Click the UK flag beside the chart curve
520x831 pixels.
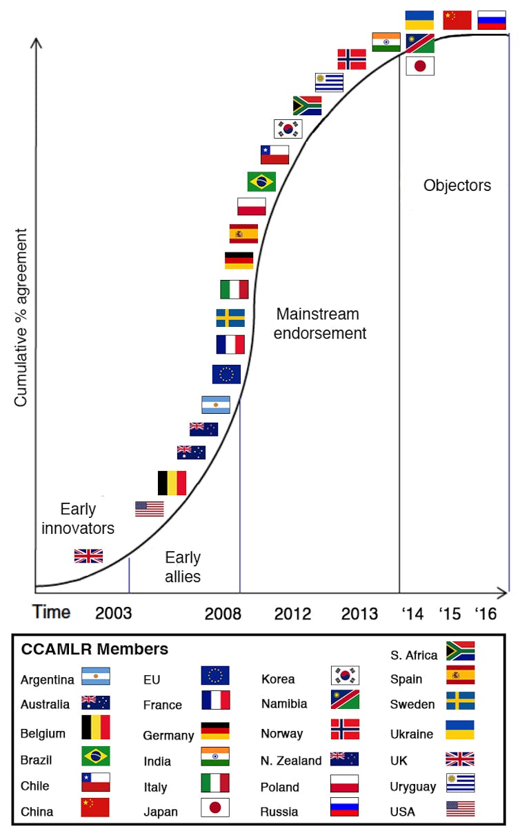(88, 556)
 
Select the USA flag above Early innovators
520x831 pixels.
(149, 509)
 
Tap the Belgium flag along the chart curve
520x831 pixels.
(172, 483)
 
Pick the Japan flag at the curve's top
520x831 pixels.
(420, 66)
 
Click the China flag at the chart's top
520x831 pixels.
(457, 20)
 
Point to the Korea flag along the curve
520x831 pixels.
(288, 129)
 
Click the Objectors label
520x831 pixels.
(457, 186)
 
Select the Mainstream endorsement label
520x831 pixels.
(321, 323)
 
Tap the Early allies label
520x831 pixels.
(183, 566)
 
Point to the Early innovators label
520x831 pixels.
(78, 519)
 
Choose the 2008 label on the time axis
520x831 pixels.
(223, 614)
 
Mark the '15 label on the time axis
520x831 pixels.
(450, 614)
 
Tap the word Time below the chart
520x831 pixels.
(52, 612)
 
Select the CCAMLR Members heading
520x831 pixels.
(94, 649)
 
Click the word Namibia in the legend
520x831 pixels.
(283, 704)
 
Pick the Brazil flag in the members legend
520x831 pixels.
(95, 756)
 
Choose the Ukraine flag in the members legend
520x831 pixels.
(460, 730)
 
